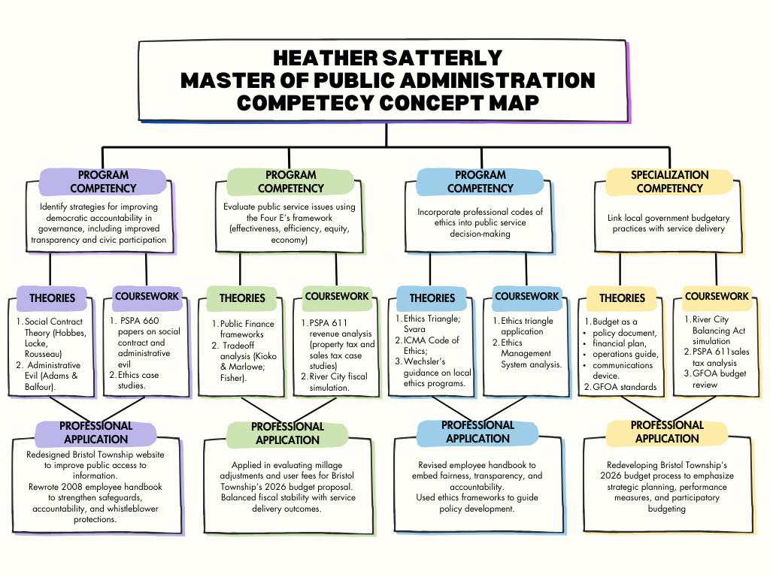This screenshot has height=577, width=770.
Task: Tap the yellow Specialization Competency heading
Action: coord(669,182)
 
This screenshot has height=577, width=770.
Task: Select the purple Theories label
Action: coord(52,298)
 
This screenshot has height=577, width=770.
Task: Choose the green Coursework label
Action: coord(337,296)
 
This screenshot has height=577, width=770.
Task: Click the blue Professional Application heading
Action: coord(477,432)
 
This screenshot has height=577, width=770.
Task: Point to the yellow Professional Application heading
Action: coord(667,432)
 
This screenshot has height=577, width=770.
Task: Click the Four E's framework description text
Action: coord(290,223)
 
